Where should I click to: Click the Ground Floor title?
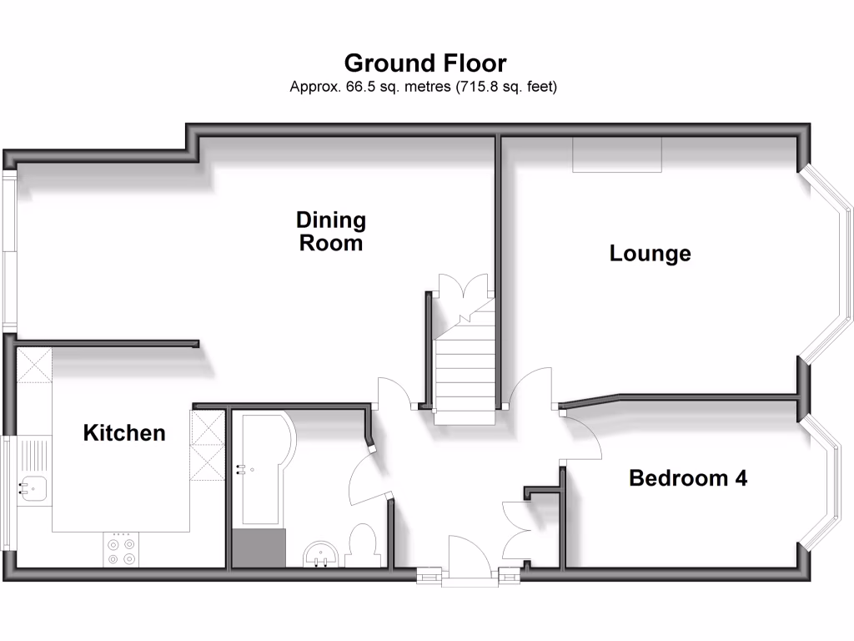tap(425, 63)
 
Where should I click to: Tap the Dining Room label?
tap(331, 231)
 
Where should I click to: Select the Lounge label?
tap(650, 253)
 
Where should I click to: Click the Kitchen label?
tap(124, 432)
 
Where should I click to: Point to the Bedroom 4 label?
tap(687, 478)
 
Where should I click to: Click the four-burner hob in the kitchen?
tap(120, 550)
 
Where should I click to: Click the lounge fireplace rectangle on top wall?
tap(617, 155)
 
